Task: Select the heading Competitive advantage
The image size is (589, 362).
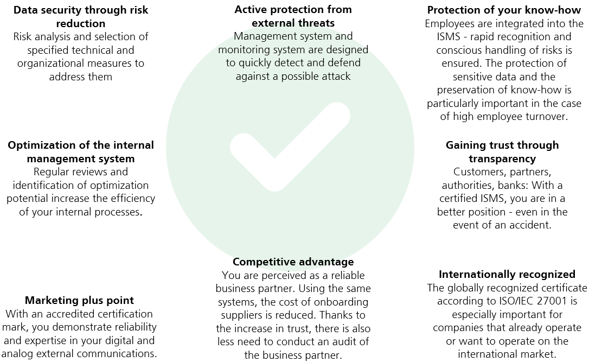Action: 293,262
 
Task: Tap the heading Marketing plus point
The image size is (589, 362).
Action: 79,300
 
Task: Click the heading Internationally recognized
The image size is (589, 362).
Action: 507,275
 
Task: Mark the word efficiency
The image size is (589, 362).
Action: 131,199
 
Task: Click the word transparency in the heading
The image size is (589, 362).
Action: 502,159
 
